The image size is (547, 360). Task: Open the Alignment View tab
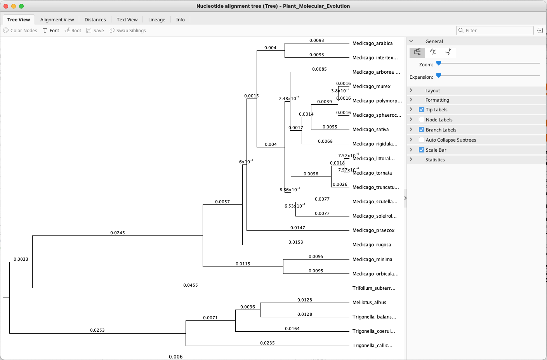(57, 20)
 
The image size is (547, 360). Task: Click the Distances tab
(95, 20)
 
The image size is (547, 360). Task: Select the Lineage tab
(156, 20)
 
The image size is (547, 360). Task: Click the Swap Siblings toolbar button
(128, 31)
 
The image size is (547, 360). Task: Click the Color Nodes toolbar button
(20, 31)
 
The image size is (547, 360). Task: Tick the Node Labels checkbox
(422, 120)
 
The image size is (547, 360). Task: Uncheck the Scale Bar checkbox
(422, 150)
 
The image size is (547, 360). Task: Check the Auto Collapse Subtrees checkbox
(422, 140)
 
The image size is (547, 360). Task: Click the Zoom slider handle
(439, 63)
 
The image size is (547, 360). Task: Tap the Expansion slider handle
(439, 76)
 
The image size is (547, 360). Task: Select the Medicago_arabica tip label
(372, 43)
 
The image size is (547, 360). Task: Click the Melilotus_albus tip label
(369, 303)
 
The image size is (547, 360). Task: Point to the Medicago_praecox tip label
(373, 230)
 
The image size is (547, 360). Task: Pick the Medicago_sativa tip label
(370, 130)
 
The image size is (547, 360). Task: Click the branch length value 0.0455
(191, 285)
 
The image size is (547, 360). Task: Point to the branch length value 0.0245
(118, 233)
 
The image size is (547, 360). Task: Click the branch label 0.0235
(267, 343)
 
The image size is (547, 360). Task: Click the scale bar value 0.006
(176, 357)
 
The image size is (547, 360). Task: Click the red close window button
(6, 6)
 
